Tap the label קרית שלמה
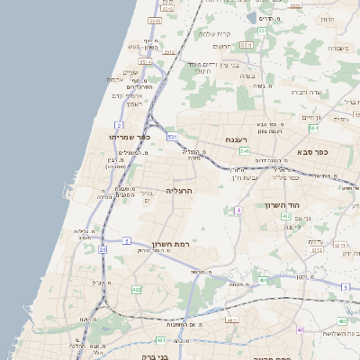pyautogui.click(x=222, y=32)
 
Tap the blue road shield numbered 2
pyautogui.click(x=119, y=124)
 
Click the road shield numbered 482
pyautogui.click(x=136, y=289)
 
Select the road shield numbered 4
pyautogui.click(x=238, y=210)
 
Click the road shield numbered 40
pyautogui.click(x=301, y=330)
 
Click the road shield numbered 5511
pyautogui.click(x=155, y=20)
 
